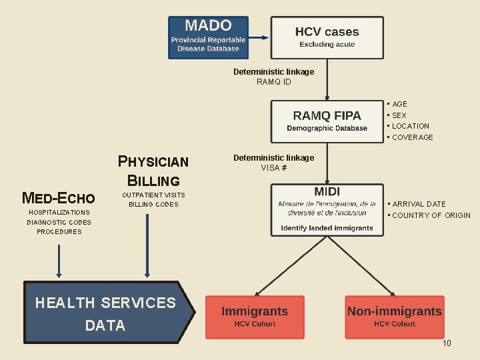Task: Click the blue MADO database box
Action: coord(208,37)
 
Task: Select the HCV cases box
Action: coord(327,37)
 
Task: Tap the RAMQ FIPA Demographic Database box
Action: coord(327,121)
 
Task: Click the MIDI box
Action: coord(327,209)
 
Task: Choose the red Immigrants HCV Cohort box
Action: coord(255,317)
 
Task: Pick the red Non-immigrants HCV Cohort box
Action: coord(394,317)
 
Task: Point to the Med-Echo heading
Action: coord(59,198)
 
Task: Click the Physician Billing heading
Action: coord(153,171)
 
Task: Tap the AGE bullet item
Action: coord(399,104)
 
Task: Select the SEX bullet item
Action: coord(399,115)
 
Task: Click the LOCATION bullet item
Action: coord(410,126)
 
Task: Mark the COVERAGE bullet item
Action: coord(412,137)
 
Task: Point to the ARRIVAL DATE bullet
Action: coord(419,204)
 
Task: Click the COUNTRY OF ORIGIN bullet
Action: coord(431,215)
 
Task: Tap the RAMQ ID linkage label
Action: coord(273,82)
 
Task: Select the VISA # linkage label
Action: coord(273,168)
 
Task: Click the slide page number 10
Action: coord(447,343)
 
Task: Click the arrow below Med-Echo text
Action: coord(59,261)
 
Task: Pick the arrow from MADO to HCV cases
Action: coord(259,37)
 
